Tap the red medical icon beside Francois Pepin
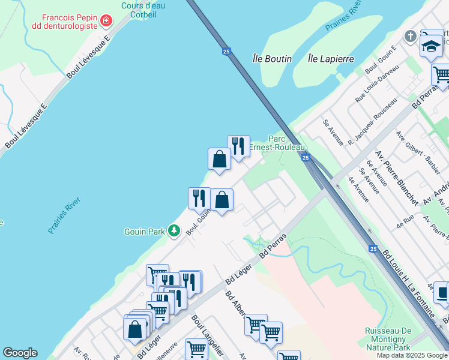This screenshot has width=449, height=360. (106, 21)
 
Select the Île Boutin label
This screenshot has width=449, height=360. (272, 59)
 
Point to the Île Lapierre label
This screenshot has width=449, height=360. (330, 59)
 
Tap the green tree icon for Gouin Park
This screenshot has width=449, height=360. (174, 230)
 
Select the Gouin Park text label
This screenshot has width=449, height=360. (144, 231)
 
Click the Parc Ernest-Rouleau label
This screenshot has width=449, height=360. (282, 143)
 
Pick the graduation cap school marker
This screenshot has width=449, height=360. (431, 46)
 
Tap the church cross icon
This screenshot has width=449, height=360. (411, 37)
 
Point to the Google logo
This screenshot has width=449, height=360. (20, 353)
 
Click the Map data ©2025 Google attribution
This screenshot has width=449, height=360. (412, 355)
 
